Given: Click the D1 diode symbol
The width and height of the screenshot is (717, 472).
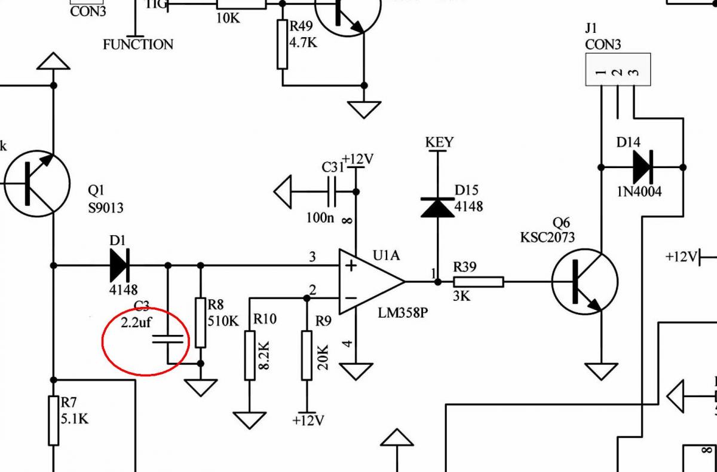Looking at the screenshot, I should click(119, 265).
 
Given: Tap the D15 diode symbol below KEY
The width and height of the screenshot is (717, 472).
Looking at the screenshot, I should click(437, 206).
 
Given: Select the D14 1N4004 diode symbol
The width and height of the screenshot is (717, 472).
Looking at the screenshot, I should click(642, 167).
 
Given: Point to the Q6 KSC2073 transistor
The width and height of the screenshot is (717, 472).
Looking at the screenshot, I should click(584, 281).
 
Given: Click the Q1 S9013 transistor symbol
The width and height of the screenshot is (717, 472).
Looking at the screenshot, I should click(37, 183).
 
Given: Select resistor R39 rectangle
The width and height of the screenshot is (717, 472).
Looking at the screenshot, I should click(478, 282).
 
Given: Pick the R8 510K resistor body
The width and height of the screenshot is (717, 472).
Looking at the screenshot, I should click(200, 323).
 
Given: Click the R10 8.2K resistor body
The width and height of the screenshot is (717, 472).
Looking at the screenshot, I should click(250, 355).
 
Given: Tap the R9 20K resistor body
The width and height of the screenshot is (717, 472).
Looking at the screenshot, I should click(307, 355).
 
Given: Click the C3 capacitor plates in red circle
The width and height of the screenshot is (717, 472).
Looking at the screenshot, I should click(167, 339).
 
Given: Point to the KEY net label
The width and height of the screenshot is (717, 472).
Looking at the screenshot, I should click(439, 142).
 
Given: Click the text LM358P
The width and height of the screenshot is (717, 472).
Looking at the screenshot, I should click(403, 312).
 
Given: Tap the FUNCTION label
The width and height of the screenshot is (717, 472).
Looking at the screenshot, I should click(138, 44).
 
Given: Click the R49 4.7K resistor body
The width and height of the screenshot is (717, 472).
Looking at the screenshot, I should click(283, 44).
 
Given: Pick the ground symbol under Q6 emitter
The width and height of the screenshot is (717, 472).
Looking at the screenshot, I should click(601, 371).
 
